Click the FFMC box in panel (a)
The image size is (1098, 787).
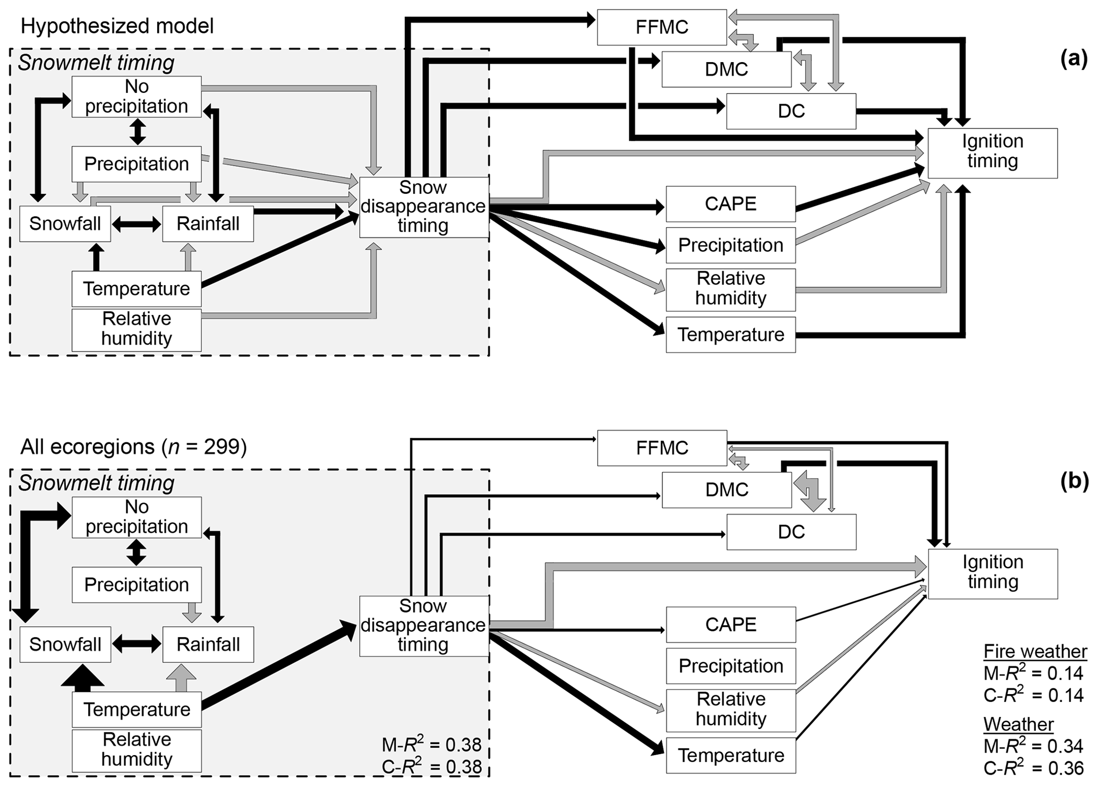coord(661,27)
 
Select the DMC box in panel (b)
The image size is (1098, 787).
coord(726,490)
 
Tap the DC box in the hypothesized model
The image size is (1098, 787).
coord(791,111)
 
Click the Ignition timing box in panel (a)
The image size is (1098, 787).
coord(992,152)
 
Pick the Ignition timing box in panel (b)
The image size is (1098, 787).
coord(992,573)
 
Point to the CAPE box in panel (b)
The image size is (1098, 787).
coord(730,625)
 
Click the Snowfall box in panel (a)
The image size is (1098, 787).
coord(65,224)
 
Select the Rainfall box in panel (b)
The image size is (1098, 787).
coord(208,644)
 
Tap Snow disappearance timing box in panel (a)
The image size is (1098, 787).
coord(423,207)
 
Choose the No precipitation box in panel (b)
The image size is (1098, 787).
coord(137,517)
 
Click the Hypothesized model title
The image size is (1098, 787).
coord(117,26)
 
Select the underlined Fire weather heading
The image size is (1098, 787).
coord(1035,651)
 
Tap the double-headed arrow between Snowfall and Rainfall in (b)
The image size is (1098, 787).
coord(137,644)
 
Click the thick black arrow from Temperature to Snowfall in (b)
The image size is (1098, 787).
coord(83,677)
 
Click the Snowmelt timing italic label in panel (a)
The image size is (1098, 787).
coord(96,63)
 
